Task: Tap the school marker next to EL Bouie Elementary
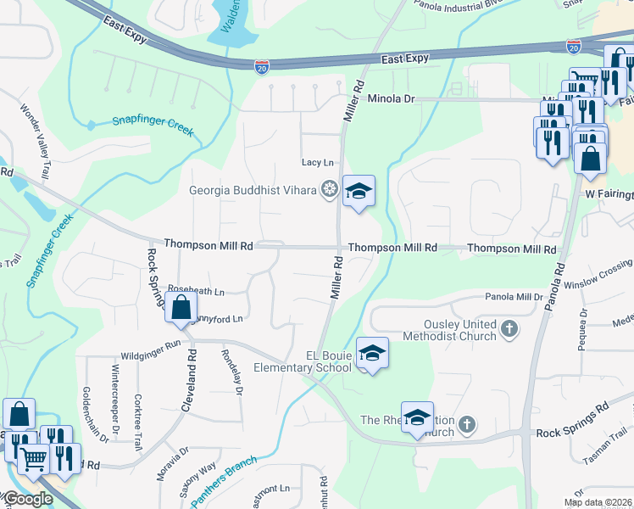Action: (x=370, y=352)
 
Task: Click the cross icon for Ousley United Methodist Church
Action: (x=509, y=328)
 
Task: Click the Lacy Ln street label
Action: (x=318, y=163)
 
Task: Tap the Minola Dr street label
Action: (x=391, y=99)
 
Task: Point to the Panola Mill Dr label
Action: (x=513, y=297)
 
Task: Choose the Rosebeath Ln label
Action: (x=196, y=291)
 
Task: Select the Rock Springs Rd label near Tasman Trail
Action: (x=572, y=433)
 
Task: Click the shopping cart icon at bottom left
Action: (x=33, y=460)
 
